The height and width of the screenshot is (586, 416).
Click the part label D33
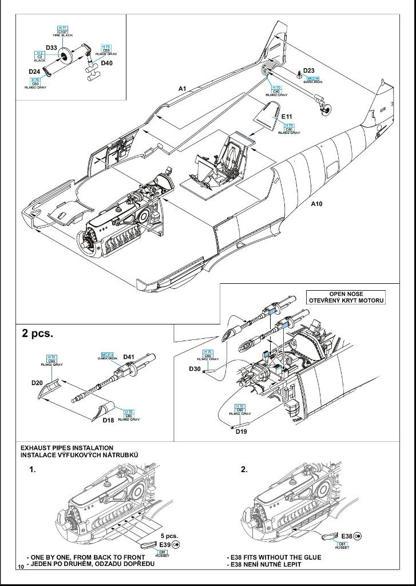[50, 47]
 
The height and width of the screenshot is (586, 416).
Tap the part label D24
[34, 72]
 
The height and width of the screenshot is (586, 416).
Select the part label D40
[106, 64]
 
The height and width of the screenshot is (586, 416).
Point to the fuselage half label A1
[183, 89]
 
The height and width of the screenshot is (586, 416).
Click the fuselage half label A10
[317, 204]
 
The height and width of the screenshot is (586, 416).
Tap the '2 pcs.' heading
[37, 333]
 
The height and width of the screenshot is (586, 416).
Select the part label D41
[128, 357]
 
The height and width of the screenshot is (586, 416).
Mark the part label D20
[37, 383]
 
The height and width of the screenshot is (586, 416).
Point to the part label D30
[195, 369]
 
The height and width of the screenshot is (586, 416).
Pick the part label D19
[241, 431]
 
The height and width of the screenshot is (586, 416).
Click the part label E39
[165, 544]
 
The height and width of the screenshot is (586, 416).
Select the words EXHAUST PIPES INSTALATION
[67, 448]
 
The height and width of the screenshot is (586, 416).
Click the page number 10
[21, 567]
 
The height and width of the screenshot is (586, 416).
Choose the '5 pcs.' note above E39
[169, 536]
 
